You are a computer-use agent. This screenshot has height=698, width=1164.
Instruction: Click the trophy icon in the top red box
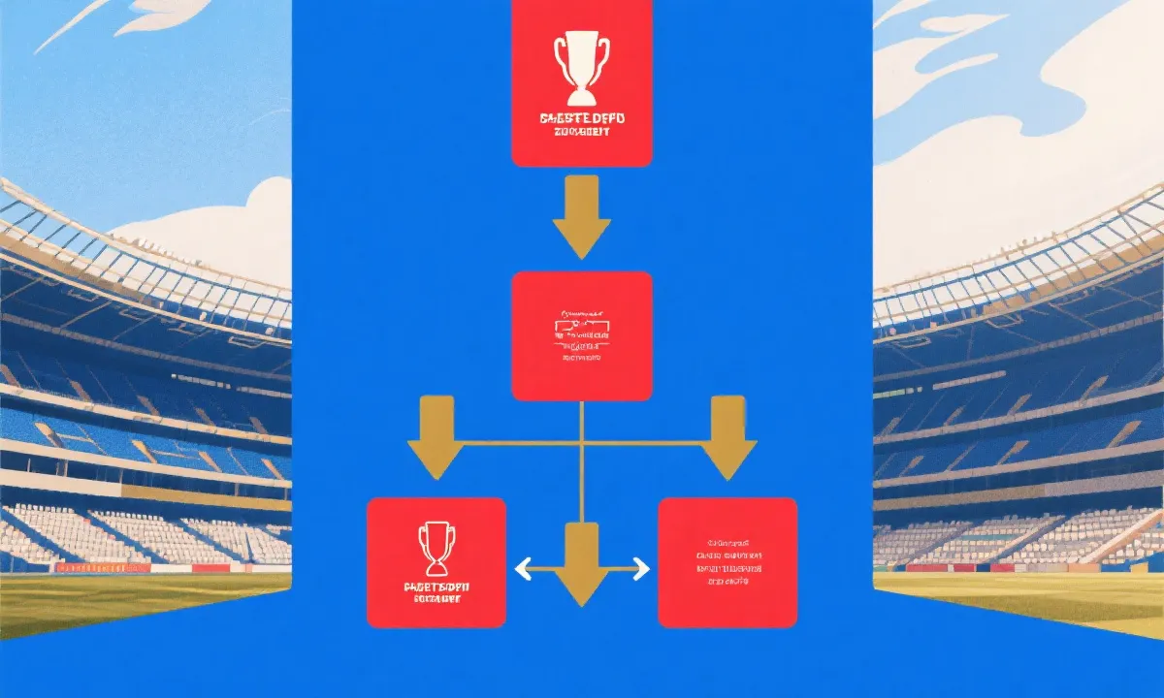pyautogui.click(x=581, y=68)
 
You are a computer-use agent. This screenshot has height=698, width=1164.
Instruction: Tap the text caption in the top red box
pyautogui.click(x=581, y=125)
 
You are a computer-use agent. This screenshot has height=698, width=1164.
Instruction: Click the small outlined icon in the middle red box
pyautogui.click(x=581, y=327)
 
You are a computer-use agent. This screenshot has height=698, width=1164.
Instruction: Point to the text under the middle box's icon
pyautogui.click(x=581, y=358)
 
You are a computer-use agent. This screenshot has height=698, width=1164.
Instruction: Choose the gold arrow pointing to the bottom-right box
pyautogui.click(x=727, y=437)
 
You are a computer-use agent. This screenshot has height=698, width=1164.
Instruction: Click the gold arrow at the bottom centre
pyautogui.click(x=581, y=562)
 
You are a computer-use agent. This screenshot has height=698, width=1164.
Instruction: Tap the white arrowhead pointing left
pyautogui.click(x=523, y=569)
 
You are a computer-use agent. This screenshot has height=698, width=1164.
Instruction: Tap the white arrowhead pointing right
pyautogui.click(x=640, y=569)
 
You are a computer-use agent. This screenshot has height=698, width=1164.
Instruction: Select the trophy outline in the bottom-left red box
pyautogui.click(x=436, y=548)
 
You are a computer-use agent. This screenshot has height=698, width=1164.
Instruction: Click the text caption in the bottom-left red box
pyautogui.click(x=436, y=593)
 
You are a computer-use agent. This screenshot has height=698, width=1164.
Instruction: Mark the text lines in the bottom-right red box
pyautogui.click(x=727, y=562)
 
